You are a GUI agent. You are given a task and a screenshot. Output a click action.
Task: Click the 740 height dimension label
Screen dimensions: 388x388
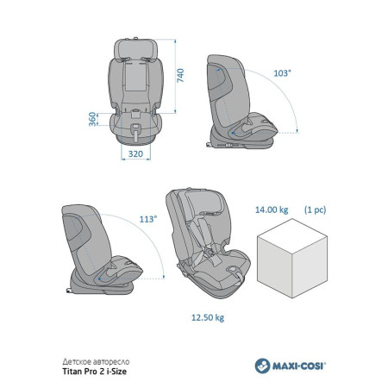point(180,76)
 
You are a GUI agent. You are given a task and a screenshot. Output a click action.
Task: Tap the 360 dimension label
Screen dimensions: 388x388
point(92,119)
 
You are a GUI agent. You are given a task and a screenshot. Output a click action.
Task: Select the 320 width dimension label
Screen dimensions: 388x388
point(135,153)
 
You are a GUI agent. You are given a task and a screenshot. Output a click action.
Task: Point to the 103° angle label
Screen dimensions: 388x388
point(282,73)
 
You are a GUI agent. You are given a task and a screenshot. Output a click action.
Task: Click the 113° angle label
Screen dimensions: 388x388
point(148,219)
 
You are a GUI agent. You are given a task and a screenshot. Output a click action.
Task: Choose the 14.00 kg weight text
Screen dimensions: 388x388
point(272,210)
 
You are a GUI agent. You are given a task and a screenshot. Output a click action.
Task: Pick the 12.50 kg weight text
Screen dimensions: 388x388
point(208,317)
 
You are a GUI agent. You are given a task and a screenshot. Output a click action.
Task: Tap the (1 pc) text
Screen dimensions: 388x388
point(316,210)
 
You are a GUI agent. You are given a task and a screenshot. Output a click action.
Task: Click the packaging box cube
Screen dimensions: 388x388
point(292,258)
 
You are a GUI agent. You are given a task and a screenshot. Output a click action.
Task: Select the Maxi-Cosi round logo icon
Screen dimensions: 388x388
point(262,366)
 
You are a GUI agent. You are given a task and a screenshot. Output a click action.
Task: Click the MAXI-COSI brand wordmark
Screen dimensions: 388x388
point(299,366)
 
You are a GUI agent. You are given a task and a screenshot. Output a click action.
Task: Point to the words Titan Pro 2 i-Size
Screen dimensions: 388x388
point(95,372)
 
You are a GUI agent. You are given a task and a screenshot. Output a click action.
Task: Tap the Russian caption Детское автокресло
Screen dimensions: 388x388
point(96,361)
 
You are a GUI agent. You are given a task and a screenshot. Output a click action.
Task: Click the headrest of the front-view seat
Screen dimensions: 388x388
point(135,48)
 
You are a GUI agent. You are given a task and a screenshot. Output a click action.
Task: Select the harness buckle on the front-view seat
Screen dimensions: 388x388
point(135,113)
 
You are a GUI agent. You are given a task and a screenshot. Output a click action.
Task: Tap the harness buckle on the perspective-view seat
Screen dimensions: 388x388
point(210,253)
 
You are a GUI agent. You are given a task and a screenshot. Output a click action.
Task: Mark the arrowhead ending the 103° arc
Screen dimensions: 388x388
point(297,131)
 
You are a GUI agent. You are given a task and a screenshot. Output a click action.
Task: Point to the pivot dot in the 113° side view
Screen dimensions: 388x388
point(99,278)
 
